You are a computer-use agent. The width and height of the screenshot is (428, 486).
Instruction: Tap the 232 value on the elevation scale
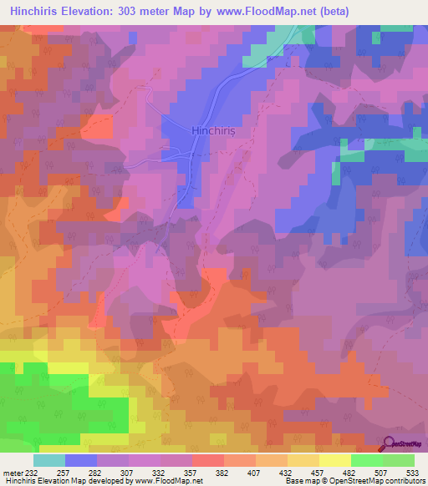(32, 473)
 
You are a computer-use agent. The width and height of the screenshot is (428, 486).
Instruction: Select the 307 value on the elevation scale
(129, 473)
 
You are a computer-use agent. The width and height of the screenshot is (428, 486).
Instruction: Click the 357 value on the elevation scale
(192, 473)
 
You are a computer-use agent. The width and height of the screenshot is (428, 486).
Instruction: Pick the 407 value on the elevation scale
(256, 473)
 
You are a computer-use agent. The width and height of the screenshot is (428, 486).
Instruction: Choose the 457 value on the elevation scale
(319, 473)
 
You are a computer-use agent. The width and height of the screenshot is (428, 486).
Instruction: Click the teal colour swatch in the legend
(49, 460)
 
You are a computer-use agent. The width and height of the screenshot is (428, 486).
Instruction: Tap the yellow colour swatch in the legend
(335, 460)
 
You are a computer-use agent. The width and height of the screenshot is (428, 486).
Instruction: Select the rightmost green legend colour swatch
(399, 460)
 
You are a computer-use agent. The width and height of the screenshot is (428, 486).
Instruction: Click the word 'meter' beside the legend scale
(13, 473)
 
